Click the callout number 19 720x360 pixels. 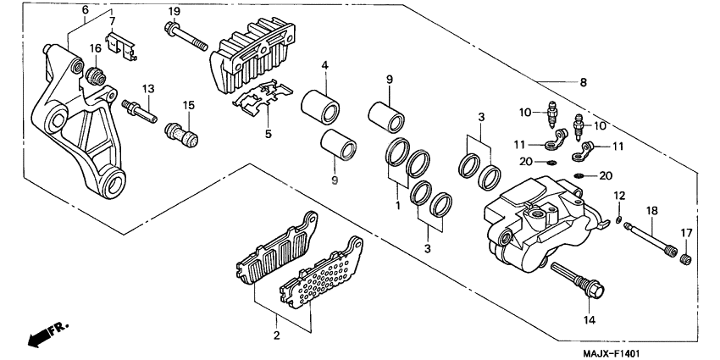click(x=174, y=10)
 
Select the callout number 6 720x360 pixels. click(x=85, y=9)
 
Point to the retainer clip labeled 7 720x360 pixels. click(x=122, y=48)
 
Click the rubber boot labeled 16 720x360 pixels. click(x=96, y=76)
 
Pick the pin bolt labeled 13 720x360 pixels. click(x=143, y=110)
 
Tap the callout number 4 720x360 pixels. click(x=324, y=66)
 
